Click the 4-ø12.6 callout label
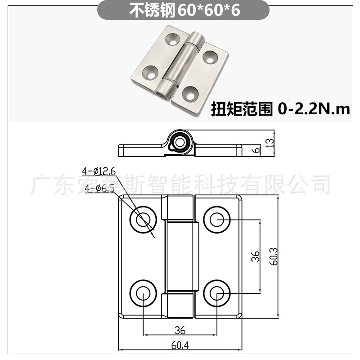pyautogui.click(x=99, y=171)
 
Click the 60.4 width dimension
pyautogui.click(x=180, y=346)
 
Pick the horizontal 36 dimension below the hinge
pyautogui.click(x=180, y=330)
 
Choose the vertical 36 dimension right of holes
pyautogui.click(x=255, y=256)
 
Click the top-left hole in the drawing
pyautogui.click(x=143, y=220)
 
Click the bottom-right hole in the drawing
pyautogui.click(x=217, y=293)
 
